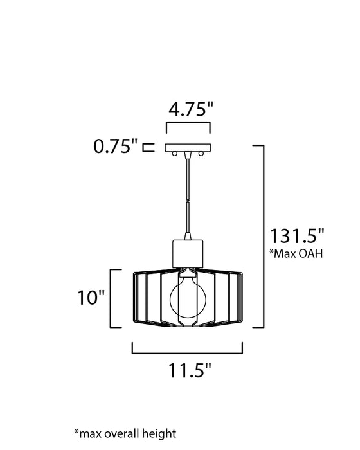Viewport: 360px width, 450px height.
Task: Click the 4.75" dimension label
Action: (190, 109)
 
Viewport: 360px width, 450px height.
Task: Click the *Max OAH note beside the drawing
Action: (296, 253)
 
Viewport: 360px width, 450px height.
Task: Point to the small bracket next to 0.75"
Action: (147, 147)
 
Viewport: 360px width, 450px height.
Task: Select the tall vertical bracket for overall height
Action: (261, 235)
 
